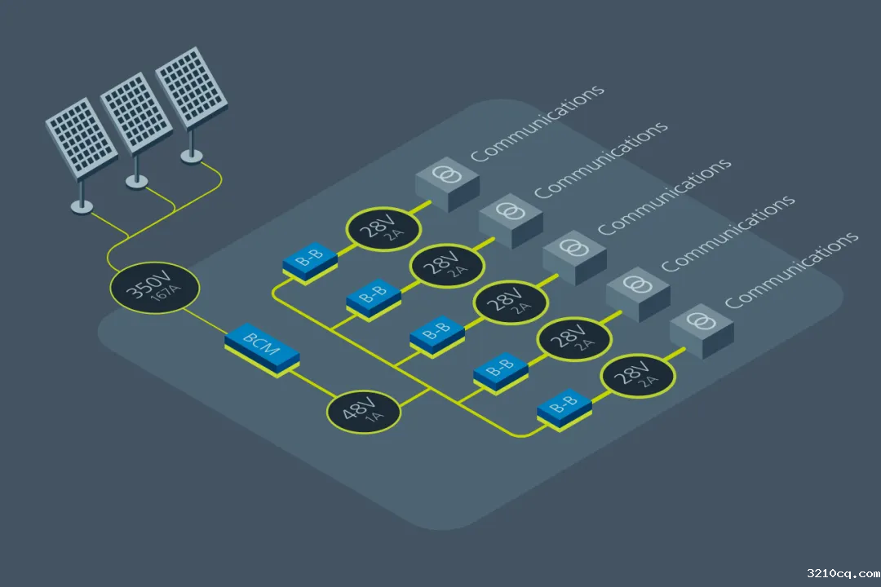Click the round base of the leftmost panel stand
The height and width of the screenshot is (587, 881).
click(x=82, y=207)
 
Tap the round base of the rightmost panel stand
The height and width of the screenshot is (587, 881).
click(x=192, y=156)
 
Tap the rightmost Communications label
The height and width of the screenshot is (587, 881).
click(x=791, y=269)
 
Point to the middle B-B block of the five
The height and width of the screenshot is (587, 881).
click(x=436, y=335)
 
